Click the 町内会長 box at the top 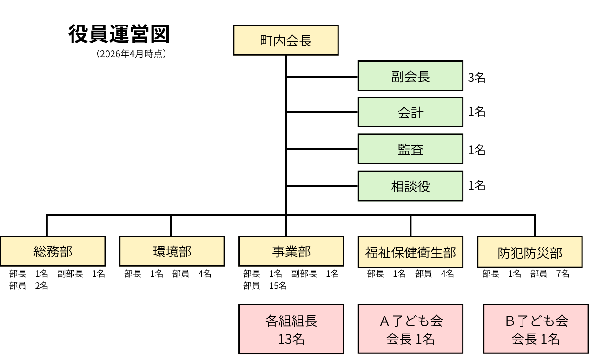(x=285, y=40)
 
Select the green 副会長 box (x=410, y=76)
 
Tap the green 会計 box (x=410, y=112)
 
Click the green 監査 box (x=410, y=149)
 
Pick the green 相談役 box (x=410, y=186)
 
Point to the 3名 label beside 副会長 (x=476, y=78)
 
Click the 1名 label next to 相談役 (x=476, y=185)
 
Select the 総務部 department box (x=53, y=251)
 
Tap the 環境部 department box (x=172, y=251)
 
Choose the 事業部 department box (x=291, y=251)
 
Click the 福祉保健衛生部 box (x=410, y=252)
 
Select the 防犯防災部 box (x=529, y=252)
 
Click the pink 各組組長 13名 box (x=291, y=329)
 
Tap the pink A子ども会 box (x=410, y=329)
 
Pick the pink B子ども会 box (x=536, y=329)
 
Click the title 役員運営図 (x=119, y=34)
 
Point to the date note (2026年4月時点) (x=132, y=54)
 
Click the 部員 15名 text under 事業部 (x=265, y=286)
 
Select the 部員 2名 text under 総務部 (x=28, y=286)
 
